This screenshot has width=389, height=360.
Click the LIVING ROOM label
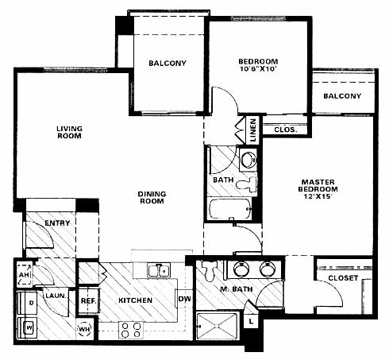tap(69, 132)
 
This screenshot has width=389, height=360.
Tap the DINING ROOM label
tap(152, 197)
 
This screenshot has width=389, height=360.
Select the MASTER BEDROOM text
tap(318, 185)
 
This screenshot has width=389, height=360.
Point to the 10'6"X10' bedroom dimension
tap(258, 69)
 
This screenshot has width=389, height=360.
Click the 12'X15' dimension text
tap(318, 196)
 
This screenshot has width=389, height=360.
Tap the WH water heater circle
tap(84, 329)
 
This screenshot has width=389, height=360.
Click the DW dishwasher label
tap(184, 299)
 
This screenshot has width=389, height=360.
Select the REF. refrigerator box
tap(89, 300)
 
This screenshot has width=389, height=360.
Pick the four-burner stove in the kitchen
tap(131, 330)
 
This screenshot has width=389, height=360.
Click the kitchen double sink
tap(159, 270)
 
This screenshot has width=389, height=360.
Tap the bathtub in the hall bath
tap(230, 209)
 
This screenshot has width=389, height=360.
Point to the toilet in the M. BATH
tap(210, 271)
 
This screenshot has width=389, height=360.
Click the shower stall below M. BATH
tap(217, 326)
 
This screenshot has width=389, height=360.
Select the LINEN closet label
tap(253, 130)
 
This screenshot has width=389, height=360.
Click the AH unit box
tap(25, 274)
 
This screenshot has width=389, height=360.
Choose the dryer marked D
tap(27, 303)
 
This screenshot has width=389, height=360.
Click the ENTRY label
tap(57, 223)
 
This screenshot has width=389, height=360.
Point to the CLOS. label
tap(286, 130)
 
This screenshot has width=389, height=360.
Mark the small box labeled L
tap(250, 321)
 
